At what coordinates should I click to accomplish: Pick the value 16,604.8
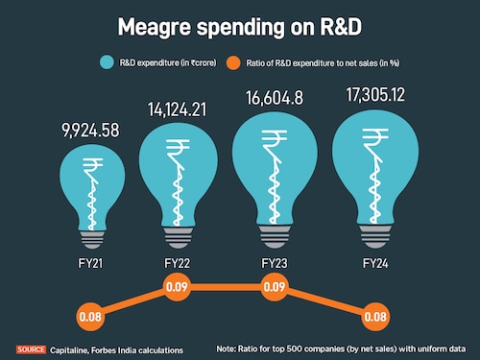[x=276, y=102]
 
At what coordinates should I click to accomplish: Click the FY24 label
[x=374, y=261]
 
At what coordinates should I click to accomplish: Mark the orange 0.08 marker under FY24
[x=374, y=314]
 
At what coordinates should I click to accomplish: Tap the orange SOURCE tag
[x=30, y=348]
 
